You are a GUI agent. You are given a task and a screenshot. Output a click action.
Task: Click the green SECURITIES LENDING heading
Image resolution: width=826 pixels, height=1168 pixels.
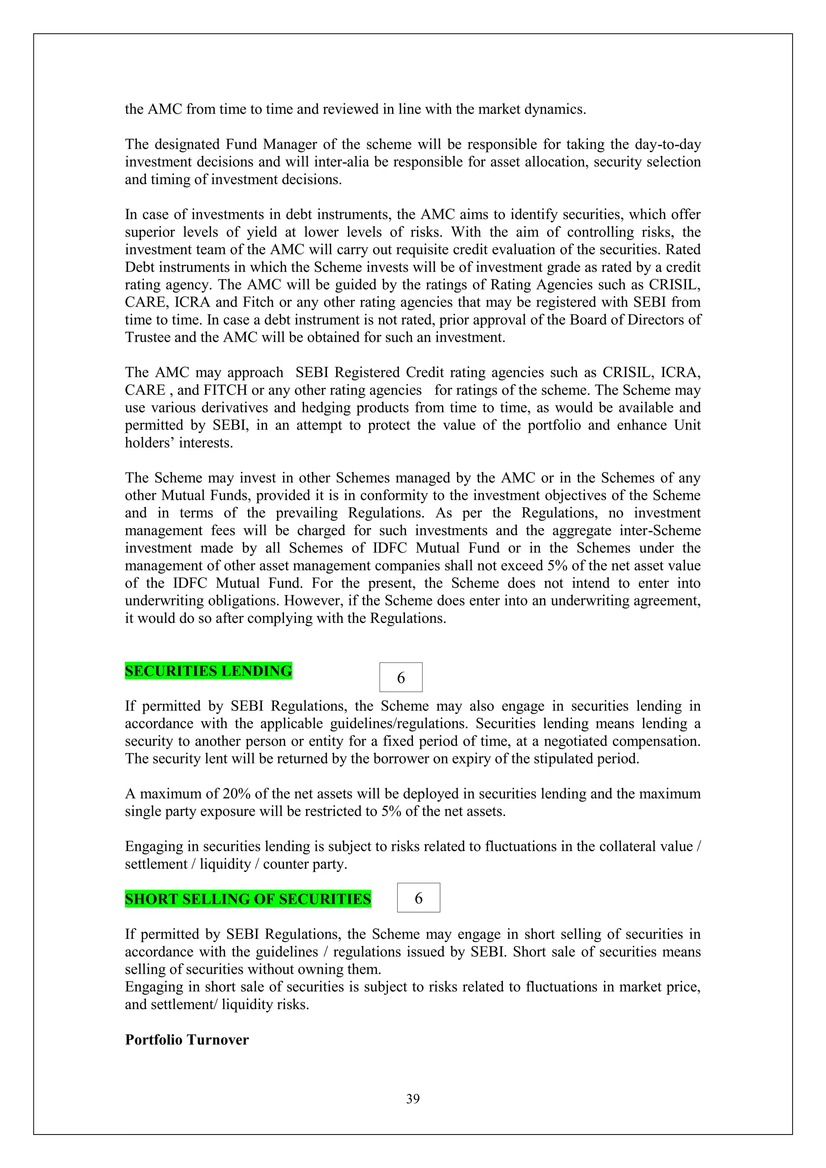208,671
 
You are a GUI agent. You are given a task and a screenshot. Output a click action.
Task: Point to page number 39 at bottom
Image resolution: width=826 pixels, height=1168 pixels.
413,1099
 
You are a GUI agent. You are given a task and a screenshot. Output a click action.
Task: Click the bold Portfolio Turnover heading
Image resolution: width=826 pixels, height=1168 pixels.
187,1040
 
